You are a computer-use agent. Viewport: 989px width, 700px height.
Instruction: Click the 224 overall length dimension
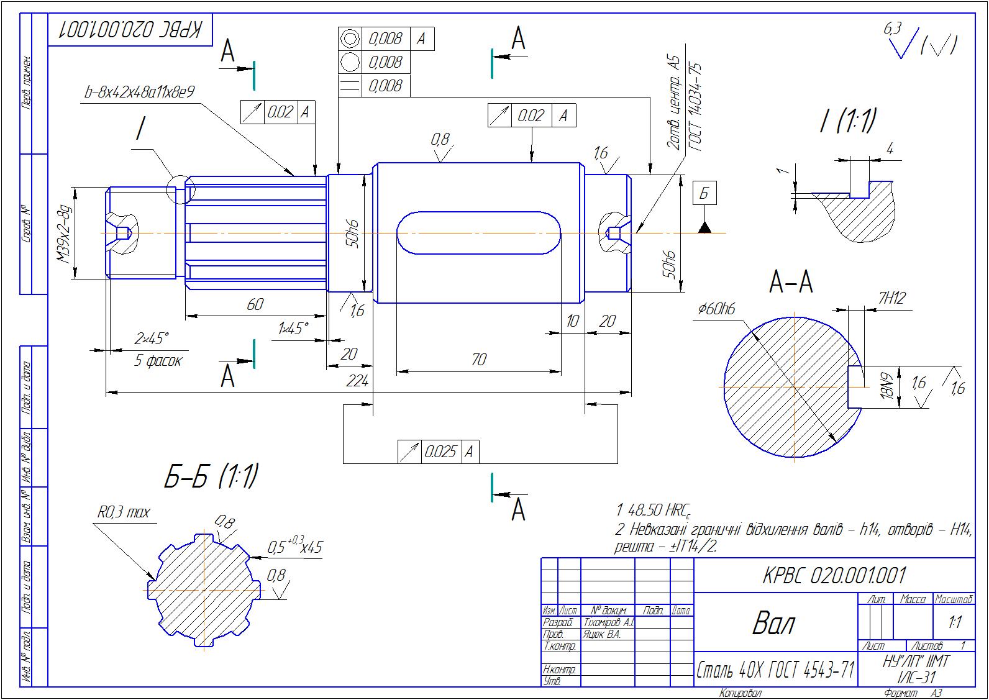tap(357, 381)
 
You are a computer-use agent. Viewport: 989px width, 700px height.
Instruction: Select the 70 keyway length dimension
tap(478, 360)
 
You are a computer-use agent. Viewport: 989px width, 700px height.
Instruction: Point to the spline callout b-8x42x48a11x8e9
tap(140, 93)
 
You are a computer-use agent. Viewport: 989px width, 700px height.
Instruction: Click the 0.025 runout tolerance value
tap(440, 452)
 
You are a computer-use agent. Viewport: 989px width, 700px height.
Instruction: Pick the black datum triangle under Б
tap(704, 228)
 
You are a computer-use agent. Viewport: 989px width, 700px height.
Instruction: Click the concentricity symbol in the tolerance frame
tap(351, 39)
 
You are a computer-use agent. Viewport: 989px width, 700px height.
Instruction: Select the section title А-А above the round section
tap(791, 283)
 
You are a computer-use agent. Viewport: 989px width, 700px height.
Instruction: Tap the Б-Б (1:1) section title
tap(211, 477)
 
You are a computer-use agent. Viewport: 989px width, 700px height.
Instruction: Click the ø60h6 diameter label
tap(716, 309)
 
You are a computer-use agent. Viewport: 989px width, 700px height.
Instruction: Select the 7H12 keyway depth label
tap(891, 299)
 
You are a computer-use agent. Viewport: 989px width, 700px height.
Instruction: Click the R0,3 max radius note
tap(124, 513)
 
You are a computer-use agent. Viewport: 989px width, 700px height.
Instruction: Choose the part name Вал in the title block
tap(773, 623)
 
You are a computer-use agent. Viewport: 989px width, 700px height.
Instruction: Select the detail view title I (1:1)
tap(847, 121)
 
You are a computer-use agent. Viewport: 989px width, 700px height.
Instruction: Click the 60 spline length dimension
tap(255, 304)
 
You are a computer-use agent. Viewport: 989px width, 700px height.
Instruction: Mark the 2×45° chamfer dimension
tap(152, 339)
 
